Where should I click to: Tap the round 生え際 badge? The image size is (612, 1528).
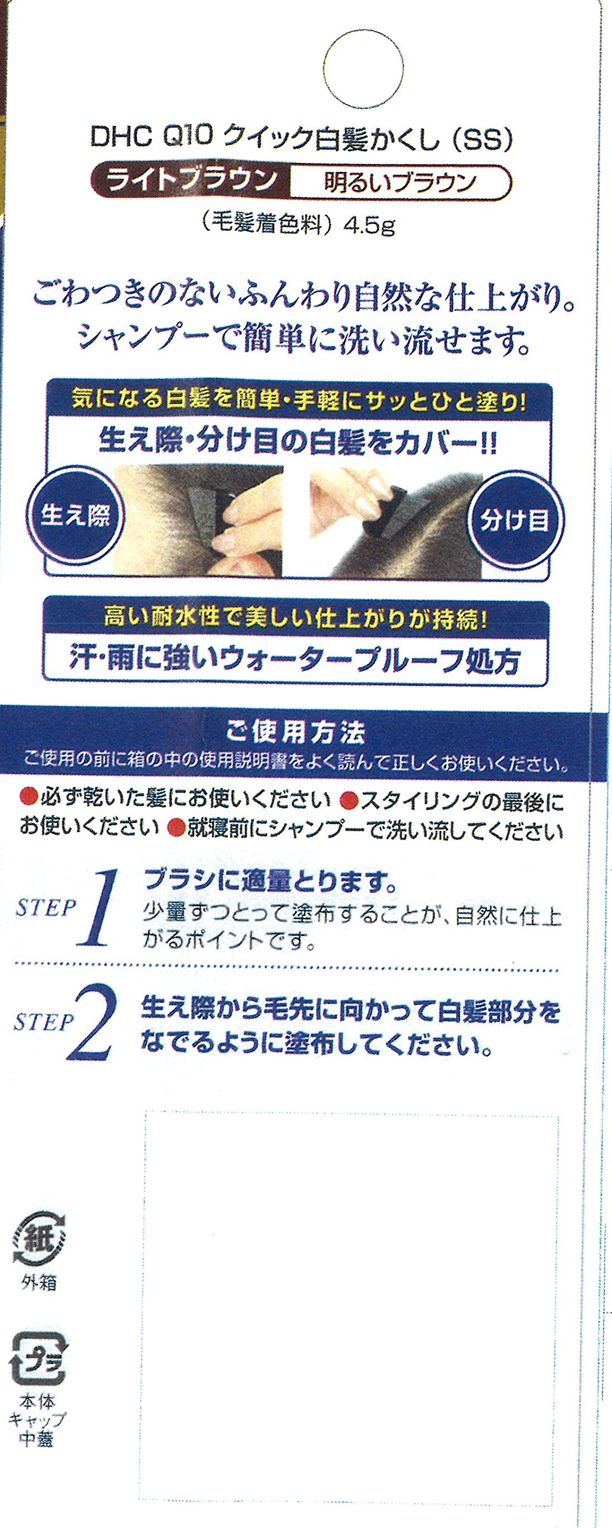point(75,515)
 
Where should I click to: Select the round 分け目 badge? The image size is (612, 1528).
point(515,520)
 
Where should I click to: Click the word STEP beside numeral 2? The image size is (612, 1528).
point(43,1022)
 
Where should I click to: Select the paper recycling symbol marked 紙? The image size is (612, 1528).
point(39,1239)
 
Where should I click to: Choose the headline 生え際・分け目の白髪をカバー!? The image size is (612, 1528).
point(297,442)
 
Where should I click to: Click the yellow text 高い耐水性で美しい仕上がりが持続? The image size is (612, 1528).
point(296,618)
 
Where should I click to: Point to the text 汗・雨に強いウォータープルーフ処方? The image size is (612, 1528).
point(295,661)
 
